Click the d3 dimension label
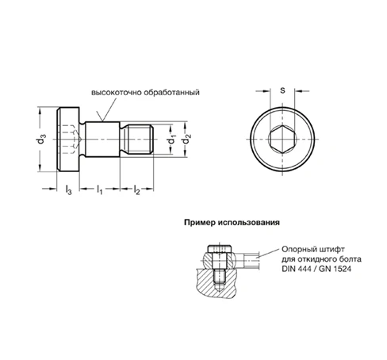(x=41, y=140)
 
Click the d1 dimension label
(x=172, y=140)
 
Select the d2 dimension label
(x=187, y=140)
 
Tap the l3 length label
(x=68, y=190)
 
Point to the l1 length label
(x=99, y=190)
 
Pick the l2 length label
(x=136, y=190)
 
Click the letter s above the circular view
(x=283, y=90)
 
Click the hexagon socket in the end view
(x=282, y=139)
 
